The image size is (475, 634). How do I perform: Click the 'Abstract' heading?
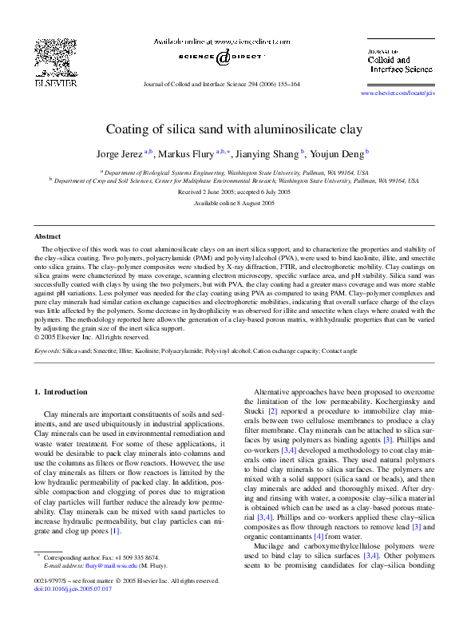[x=47, y=236]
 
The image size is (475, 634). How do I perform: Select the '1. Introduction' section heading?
[x=64, y=392]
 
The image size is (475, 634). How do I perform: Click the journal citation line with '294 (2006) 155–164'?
[x=220, y=83]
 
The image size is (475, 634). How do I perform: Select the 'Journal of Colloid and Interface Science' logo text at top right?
[x=399, y=61]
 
